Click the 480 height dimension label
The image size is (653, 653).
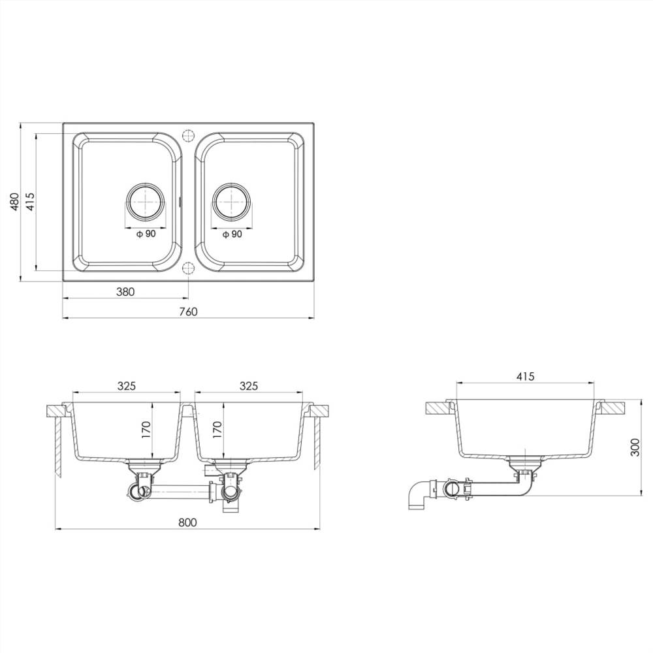click(x=13, y=202)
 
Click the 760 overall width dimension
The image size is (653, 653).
click(x=188, y=311)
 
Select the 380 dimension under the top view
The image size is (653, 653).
click(x=125, y=292)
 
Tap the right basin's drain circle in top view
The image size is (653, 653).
click(x=231, y=202)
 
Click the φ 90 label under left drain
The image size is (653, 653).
click(x=146, y=234)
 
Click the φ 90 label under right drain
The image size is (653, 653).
click(x=232, y=234)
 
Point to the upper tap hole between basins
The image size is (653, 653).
click(x=188, y=135)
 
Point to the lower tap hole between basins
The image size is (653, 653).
click(x=188, y=268)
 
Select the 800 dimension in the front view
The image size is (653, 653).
click(x=187, y=522)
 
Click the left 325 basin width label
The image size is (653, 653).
click(x=126, y=386)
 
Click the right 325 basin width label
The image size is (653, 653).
click(x=248, y=386)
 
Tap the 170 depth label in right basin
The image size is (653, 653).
click(x=217, y=429)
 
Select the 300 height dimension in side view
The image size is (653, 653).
click(x=635, y=447)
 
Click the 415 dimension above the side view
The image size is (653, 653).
click(x=525, y=376)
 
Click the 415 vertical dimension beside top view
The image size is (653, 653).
click(x=29, y=202)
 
